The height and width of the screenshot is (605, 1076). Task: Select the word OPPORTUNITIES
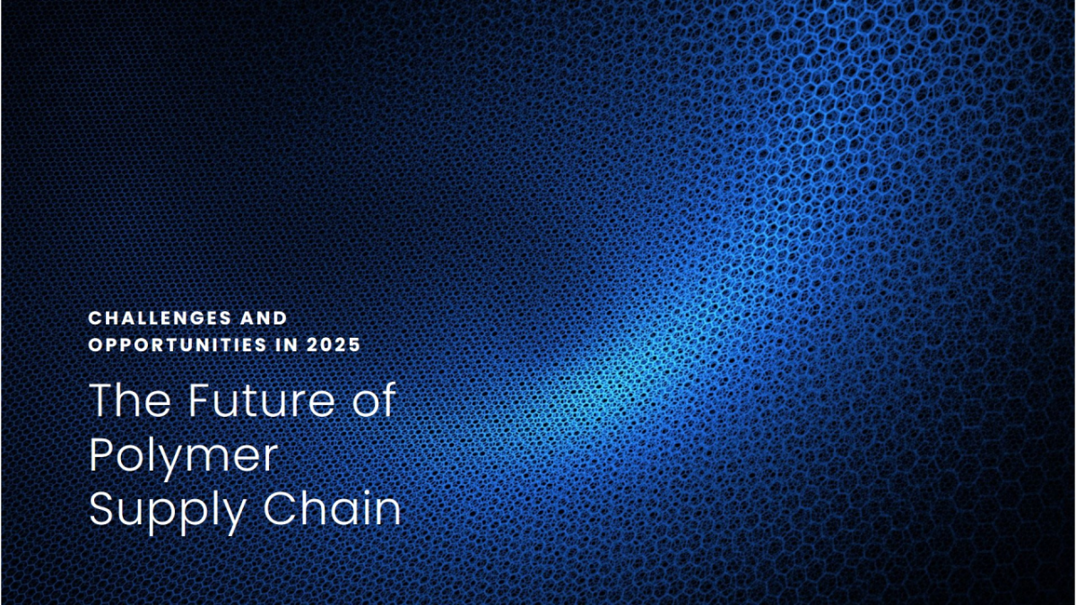pos(178,345)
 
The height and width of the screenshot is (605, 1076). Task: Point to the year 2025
pos(334,345)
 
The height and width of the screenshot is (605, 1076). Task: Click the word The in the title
pos(130,400)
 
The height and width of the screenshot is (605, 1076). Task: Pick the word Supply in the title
pos(167,511)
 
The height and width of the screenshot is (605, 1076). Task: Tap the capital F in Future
pos(200,400)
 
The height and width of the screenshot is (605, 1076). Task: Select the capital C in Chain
pos(279,508)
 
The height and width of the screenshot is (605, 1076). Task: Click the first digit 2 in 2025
pos(312,345)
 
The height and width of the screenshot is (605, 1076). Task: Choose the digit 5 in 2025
pos(354,345)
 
